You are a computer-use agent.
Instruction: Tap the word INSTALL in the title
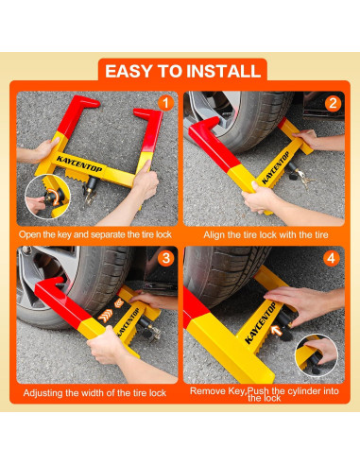[223, 71]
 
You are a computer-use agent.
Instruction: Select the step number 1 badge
[165, 103]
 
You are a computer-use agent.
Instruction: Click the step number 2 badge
[333, 103]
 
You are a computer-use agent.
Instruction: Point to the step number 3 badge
[165, 258]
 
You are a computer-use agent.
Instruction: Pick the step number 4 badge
[331, 258]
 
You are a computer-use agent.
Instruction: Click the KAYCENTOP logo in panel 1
[79, 164]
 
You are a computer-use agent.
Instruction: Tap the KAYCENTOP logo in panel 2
[275, 167]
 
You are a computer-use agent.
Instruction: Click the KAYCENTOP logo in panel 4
[260, 322]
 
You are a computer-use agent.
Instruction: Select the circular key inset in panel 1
[47, 197]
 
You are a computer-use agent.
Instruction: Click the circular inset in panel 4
[317, 355]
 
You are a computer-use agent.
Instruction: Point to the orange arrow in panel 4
[277, 331]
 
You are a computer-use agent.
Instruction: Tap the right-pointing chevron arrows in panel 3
[105, 316]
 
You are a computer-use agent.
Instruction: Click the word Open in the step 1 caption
[27, 234]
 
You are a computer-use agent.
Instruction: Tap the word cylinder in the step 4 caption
[300, 391]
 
